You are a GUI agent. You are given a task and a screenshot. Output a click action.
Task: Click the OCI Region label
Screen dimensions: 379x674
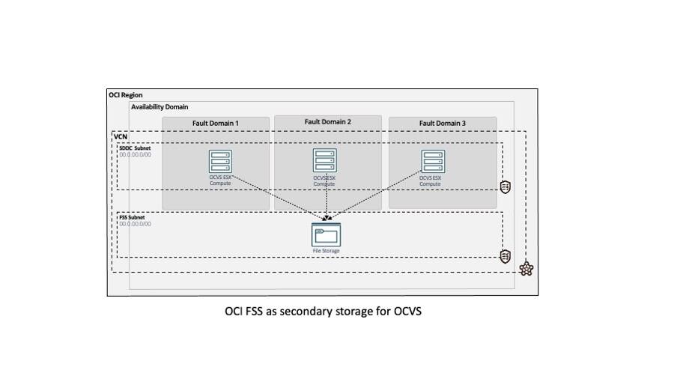[x=125, y=95]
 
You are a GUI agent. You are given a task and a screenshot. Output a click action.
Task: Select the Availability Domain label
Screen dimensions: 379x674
[x=160, y=107]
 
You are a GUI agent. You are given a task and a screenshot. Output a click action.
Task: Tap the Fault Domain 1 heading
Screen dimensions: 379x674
[x=215, y=123]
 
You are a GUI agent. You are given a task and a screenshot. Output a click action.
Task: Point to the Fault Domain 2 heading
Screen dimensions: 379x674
[x=327, y=121]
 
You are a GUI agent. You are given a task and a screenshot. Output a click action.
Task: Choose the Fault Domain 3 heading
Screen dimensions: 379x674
[x=442, y=123]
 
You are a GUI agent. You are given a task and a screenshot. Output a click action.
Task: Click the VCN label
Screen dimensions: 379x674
[x=120, y=136]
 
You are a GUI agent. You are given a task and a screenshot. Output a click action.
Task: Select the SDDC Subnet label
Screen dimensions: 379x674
[x=135, y=148]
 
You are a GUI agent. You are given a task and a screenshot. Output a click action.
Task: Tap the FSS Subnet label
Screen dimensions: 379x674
[x=133, y=218]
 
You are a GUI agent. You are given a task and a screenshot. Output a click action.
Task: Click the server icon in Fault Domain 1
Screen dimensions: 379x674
[x=220, y=161]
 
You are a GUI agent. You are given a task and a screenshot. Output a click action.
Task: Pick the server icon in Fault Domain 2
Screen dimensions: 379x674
[x=324, y=160]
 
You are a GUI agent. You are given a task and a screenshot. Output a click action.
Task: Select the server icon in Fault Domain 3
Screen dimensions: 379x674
[x=433, y=161]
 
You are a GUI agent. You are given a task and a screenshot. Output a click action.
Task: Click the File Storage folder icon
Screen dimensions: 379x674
[x=326, y=235]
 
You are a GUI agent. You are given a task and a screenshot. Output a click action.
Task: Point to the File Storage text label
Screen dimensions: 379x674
[x=326, y=251]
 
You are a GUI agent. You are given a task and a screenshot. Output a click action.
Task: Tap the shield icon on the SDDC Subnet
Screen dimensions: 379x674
[x=506, y=187]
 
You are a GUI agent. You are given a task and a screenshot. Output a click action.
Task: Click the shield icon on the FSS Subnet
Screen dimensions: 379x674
[x=506, y=257]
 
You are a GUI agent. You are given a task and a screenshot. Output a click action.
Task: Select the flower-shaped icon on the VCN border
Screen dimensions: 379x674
[x=526, y=269]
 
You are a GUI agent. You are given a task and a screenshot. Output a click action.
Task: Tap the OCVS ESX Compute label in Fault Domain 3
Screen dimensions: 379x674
[x=430, y=181]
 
